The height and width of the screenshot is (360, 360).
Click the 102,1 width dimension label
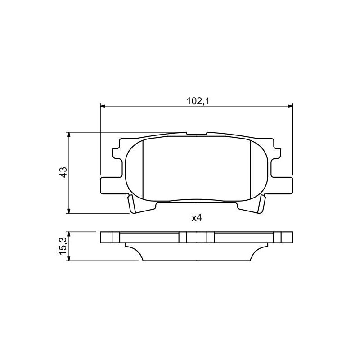pyautogui.click(x=198, y=101)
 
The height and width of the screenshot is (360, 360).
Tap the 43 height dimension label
pyautogui.click(x=63, y=172)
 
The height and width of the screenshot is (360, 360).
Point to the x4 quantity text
pyautogui.click(x=197, y=218)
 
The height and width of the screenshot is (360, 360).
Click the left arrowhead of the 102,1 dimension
pyautogui.click(x=103, y=106)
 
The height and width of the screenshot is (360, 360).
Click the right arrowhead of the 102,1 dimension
pyautogui.click(x=291, y=106)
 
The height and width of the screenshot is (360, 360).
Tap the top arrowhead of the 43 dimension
pyautogui.click(x=69, y=135)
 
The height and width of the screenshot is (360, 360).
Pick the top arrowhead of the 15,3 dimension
pyautogui.click(x=69, y=234)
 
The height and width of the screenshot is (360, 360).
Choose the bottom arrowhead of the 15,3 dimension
pyautogui.click(x=69, y=258)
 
